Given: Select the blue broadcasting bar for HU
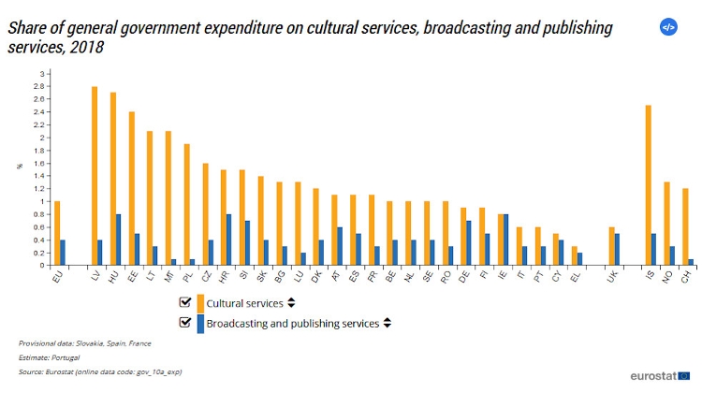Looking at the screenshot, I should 119,240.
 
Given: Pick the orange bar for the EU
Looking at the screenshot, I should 57,233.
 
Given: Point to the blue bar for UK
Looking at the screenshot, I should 617,249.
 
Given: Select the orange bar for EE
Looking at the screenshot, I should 132,188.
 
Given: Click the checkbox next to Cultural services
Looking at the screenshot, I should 184,302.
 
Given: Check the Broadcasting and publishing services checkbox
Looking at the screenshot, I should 184,323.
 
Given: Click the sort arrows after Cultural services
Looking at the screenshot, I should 291,303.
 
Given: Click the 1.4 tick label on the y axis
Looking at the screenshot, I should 37,176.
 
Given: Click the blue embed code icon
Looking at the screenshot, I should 668,27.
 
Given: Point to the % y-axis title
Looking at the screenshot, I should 18,167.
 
